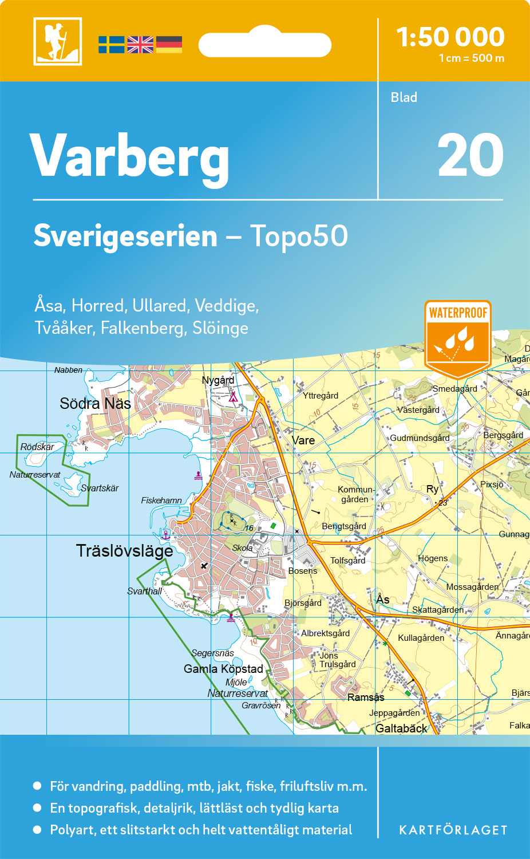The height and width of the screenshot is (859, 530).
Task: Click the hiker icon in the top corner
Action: [x=58, y=41]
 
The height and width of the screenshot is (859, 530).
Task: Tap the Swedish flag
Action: [x=111, y=45]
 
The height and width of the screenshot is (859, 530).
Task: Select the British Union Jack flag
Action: [x=140, y=45]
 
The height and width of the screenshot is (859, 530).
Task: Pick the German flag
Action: [x=169, y=45]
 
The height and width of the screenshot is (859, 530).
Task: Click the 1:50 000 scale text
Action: [x=450, y=37]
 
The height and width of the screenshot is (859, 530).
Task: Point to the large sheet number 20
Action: [x=470, y=155]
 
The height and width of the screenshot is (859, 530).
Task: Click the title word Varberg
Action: [x=130, y=156]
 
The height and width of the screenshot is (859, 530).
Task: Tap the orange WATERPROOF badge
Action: [x=458, y=338]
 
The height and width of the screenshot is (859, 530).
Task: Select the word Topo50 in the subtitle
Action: [x=299, y=236]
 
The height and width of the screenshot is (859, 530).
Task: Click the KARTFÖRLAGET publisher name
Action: [x=453, y=830]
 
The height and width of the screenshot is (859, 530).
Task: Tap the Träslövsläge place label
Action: [x=124, y=551]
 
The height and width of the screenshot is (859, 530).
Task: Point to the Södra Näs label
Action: [x=95, y=404]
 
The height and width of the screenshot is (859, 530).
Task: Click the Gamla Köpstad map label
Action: [x=223, y=669]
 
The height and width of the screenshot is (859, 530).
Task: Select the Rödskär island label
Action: [x=37, y=447]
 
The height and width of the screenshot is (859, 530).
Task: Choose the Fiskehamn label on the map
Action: [x=161, y=501]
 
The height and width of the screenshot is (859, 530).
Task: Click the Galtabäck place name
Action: [x=401, y=728]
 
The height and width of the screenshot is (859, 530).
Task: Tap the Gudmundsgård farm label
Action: [x=420, y=438]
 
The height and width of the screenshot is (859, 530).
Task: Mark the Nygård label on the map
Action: [x=218, y=380]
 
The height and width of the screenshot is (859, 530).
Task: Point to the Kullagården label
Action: [x=421, y=638]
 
